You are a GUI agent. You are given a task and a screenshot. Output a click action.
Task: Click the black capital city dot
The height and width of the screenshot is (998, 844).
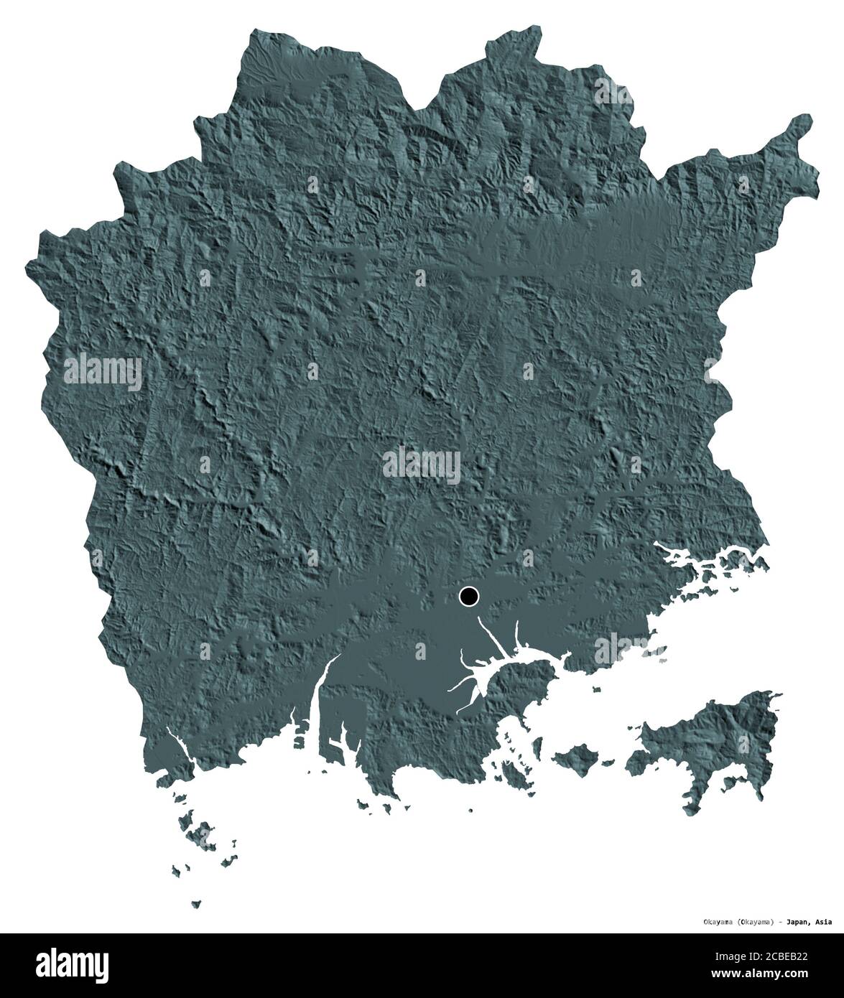pos(468,595)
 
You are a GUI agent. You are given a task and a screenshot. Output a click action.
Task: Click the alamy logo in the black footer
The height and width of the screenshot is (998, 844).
pos(64,962)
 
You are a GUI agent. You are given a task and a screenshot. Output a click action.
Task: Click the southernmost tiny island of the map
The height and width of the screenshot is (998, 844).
pos(196,903)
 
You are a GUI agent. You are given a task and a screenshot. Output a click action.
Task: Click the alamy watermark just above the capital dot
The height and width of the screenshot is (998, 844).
pos(422,463)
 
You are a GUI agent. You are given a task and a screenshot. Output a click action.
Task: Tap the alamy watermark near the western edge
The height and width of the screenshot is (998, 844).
pos(103,370)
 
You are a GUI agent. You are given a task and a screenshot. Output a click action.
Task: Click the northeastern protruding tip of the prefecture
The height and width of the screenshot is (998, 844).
pos(801,133)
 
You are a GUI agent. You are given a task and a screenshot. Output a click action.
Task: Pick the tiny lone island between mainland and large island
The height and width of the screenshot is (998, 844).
pos(596,690)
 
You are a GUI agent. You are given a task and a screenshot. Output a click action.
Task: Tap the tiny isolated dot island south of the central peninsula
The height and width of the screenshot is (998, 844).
pos(470,811)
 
